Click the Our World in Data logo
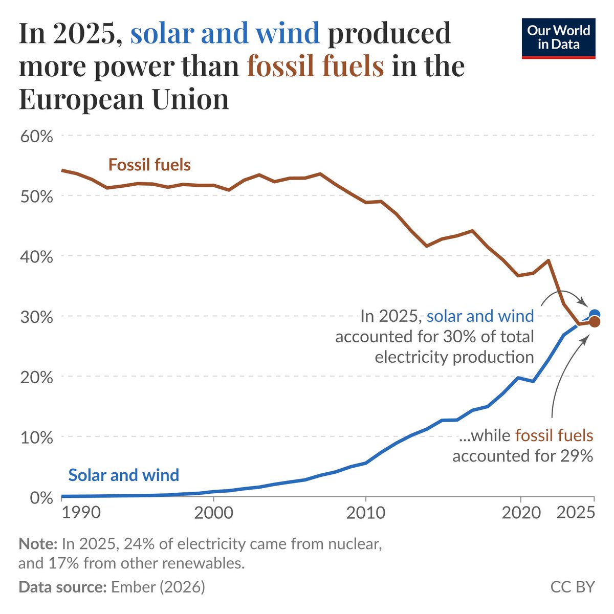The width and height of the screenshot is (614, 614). [558, 38]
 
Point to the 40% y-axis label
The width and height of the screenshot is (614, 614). [36, 256]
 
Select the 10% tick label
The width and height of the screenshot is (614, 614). [36, 437]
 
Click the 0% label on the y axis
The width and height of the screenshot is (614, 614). [41, 497]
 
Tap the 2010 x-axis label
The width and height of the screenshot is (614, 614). [365, 512]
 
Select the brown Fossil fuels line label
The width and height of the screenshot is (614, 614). [149, 165]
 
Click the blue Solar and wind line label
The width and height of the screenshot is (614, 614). [124, 475]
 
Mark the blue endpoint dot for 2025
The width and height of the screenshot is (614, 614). [595, 314]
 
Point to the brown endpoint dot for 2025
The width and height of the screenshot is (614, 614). [594, 322]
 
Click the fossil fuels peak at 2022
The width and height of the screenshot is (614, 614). [549, 260]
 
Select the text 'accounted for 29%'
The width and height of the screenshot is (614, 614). [522, 455]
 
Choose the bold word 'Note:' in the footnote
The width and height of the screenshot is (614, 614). [38, 543]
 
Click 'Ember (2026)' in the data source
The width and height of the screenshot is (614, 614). [157, 586]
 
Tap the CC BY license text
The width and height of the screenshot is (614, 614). [573, 586]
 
